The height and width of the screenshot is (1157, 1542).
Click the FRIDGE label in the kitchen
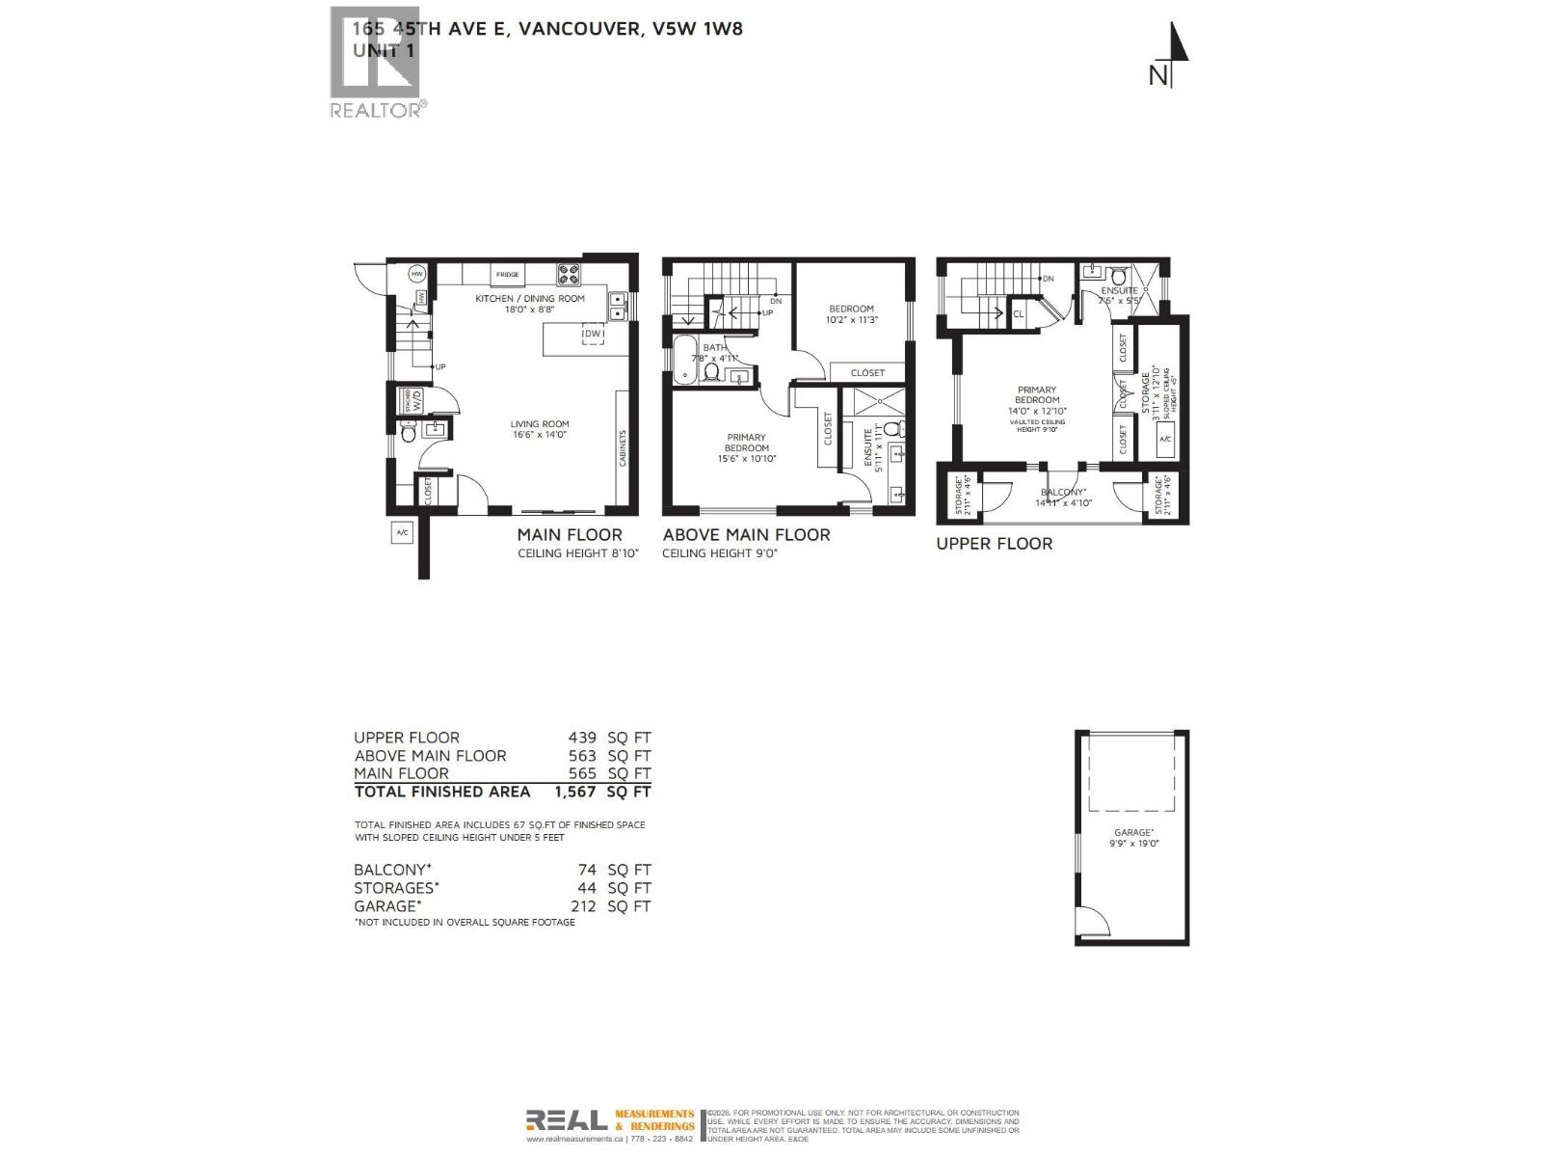507,275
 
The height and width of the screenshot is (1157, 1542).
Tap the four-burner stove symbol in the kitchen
569,275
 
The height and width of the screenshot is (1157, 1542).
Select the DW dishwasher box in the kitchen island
594,335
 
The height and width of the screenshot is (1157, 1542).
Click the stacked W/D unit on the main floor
411,399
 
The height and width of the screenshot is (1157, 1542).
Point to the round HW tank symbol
417,274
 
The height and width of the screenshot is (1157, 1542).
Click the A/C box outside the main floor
402,532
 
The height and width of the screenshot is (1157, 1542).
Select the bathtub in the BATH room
685,361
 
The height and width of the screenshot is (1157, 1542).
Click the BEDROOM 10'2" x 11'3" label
851,314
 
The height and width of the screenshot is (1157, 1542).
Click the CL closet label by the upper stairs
1019,314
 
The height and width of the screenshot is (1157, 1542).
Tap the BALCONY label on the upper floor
1063,492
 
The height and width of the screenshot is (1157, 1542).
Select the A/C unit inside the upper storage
1164,440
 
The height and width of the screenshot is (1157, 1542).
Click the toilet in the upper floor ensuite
1119,276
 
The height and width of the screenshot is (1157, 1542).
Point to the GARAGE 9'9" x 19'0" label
1133,837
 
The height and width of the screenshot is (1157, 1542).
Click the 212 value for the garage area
582,906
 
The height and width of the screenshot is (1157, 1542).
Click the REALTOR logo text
376,110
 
